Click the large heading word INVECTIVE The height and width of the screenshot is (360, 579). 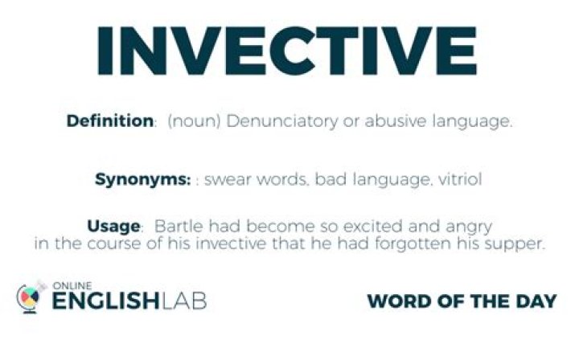(x=287, y=51)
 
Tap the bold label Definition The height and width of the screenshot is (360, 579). (x=109, y=121)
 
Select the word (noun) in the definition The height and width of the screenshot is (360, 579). (x=194, y=121)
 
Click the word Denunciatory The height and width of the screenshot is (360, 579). (x=281, y=121)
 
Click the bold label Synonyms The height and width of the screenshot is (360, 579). (x=142, y=180)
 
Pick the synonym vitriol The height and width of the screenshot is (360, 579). (x=460, y=179)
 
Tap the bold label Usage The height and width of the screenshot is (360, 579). (x=113, y=226)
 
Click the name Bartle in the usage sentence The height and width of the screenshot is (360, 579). (x=179, y=226)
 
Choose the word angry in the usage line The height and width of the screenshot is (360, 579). (x=468, y=227)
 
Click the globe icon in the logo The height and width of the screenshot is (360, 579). (x=28, y=298)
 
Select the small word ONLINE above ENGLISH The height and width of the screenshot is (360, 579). (x=72, y=285)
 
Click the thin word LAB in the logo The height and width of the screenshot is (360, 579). (x=184, y=301)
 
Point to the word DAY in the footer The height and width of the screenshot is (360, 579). (x=536, y=301)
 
